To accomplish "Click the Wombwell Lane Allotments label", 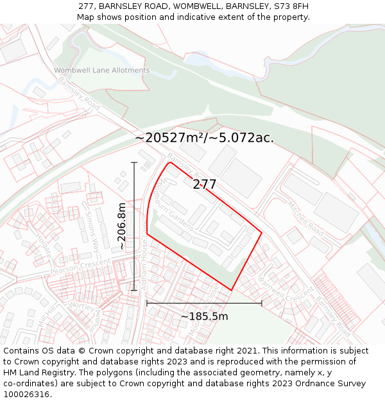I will [101, 71].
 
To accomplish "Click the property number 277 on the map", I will [205, 185].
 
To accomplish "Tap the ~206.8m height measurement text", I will [122, 226].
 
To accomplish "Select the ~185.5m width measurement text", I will [204, 316].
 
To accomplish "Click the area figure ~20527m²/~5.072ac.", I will [204, 138].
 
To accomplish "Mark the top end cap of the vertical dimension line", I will [134, 163].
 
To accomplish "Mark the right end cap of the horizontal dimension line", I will [262, 303].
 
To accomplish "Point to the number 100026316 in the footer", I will [27, 394].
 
